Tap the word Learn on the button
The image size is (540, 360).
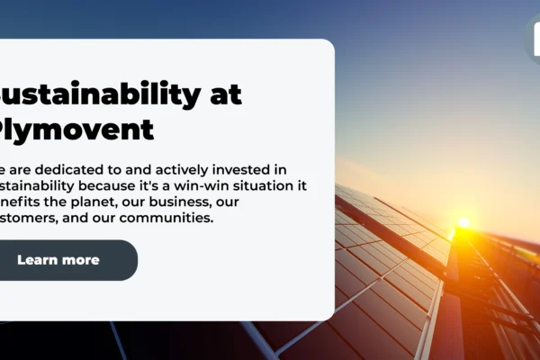click(x=39, y=260)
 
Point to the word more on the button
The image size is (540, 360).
click(x=80, y=260)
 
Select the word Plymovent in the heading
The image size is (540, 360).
click(x=76, y=130)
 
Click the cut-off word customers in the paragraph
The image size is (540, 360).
click(x=28, y=218)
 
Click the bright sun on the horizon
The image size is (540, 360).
click(x=463, y=222)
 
